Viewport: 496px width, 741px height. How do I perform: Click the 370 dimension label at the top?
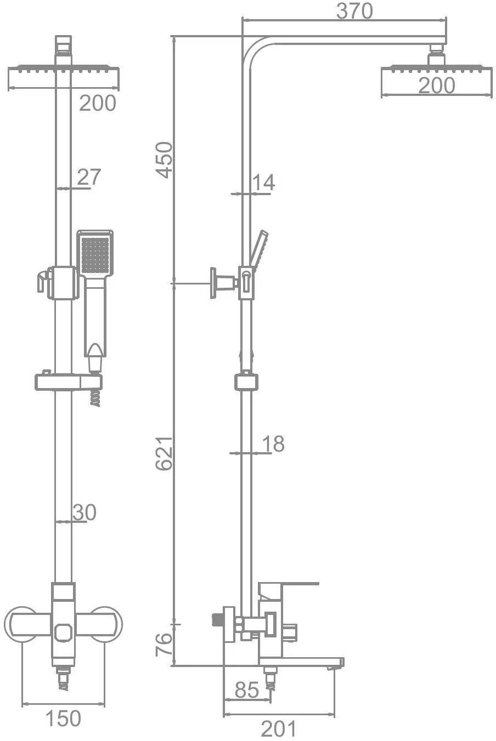[354, 10]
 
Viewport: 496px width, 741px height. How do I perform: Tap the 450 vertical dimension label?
[164, 160]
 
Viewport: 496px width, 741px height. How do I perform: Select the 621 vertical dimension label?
[164, 453]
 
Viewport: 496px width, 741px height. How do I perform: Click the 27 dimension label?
[89, 177]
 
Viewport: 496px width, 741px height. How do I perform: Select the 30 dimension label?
[84, 512]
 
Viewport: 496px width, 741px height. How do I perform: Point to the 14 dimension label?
[263, 183]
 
